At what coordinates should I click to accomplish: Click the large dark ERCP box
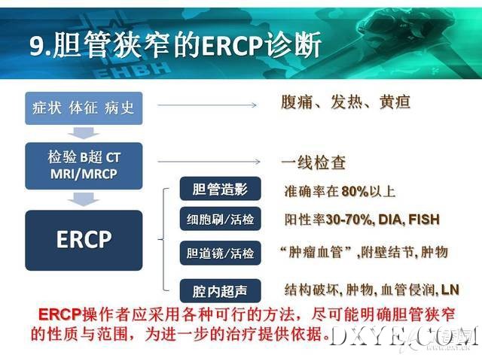(x=84, y=240)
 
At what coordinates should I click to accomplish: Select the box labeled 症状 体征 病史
(x=84, y=108)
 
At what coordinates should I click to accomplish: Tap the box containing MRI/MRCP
(x=84, y=165)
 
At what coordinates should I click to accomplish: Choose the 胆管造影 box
(x=220, y=189)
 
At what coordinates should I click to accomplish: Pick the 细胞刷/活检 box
(x=220, y=219)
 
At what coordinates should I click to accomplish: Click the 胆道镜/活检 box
(x=220, y=253)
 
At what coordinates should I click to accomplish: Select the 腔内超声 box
(x=220, y=291)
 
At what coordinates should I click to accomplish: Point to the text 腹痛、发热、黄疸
(x=346, y=102)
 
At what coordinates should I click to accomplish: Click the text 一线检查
(x=313, y=162)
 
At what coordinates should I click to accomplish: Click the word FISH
(x=424, y=219)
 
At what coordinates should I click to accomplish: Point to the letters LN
(x=450, y=290)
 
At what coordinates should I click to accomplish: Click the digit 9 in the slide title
(x=36, y=46)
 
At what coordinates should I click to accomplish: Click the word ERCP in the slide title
(x=233, y=46)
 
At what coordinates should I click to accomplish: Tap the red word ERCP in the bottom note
(x=60, y=314)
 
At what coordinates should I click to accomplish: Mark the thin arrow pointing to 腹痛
(x=207, y=105)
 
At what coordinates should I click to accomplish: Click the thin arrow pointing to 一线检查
(x=209, y=162)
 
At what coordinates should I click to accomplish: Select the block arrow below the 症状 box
(x=84, y=133)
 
